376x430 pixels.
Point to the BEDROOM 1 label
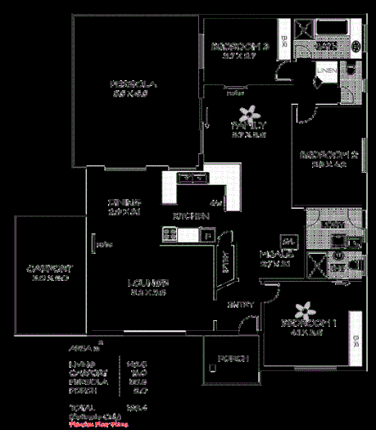(x=307, y=323)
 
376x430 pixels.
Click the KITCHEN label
(x=190, y=215)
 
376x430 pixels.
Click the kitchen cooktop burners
(x=170, y=235)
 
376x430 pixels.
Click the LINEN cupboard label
(x=326, y=72)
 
